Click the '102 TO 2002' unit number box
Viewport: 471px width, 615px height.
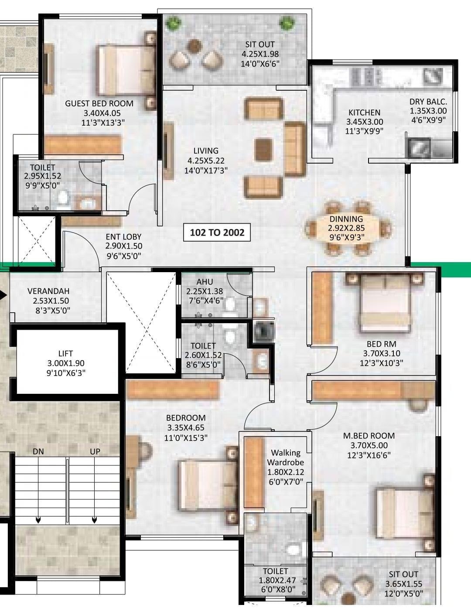coord(217,232)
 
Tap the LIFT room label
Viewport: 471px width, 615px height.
coord(65,354)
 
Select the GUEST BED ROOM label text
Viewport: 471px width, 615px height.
coord(99,103)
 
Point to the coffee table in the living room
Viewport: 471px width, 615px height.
coord(263,150)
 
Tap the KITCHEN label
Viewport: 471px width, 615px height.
coord(364,113)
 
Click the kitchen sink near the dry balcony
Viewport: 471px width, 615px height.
coord(419,147)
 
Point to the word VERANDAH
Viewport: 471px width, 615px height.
coord(48,291)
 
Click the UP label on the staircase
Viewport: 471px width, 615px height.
coord(95,451)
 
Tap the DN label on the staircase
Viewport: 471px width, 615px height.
coord(38,451)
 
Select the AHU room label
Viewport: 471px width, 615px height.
coord(205,282)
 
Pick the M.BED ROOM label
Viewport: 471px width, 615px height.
coord(369,435)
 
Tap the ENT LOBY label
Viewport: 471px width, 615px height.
coord(123,237)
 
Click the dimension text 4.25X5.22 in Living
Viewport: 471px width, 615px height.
coord(205,161)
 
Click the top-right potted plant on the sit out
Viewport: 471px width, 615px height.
coord(287,22)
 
